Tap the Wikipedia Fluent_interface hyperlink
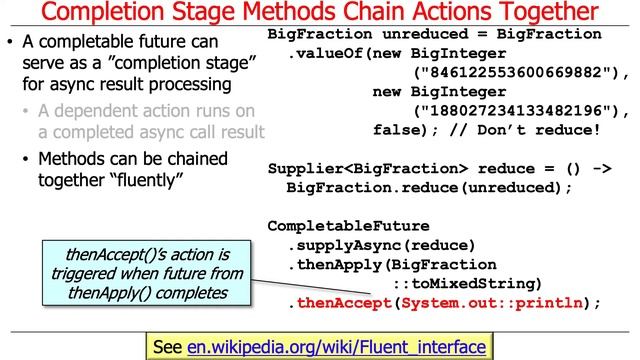coord(336,346)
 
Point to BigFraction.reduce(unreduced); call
coord(429,187)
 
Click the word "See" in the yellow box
coord(168,346)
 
